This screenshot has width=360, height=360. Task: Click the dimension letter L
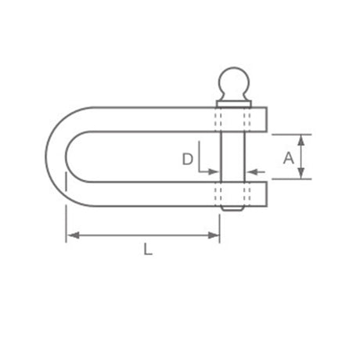tap(148, 249)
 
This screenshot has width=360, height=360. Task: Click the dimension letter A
tap(289, 158)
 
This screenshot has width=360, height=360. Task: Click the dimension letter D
tap(188, 159)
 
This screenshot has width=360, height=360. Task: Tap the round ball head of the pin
tap(234, 82)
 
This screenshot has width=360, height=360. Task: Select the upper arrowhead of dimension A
tap(301, 140)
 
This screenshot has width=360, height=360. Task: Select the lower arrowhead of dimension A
tap(301, 174)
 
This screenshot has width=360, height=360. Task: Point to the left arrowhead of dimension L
tap(73, 236)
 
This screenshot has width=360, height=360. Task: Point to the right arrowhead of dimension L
tap(214, 236)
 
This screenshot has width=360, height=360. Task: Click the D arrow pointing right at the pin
tap(209, 171)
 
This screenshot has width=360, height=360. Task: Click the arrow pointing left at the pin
tap(256, 171)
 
